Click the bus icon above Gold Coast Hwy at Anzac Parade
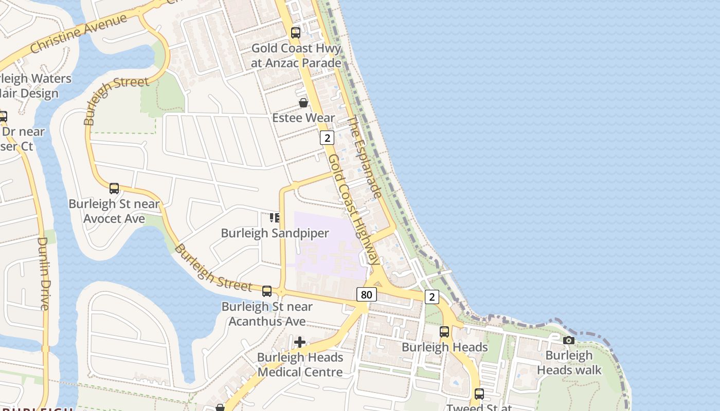tap(296, 33)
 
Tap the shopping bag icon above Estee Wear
tap(303, 103)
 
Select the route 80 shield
tap(366, 294)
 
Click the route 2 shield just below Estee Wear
tap(327, 138)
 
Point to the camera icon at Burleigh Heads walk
tap(568, 340)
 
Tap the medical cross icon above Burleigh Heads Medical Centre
tap(300, 342)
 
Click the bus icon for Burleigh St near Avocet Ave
tap(114, 189)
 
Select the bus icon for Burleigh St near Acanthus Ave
tap(267, 291)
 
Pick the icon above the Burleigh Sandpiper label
tap(275, 218)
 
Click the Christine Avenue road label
tap(78, 34)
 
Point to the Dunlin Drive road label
tap(43, 273)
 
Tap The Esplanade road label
tap(365, 157)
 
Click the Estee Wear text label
tap(303, 118)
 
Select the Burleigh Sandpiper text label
tap(275, 233)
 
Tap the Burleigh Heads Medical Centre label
tap(300, 365)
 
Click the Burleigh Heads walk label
tap(569, 363)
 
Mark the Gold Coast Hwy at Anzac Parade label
tap(296, 55)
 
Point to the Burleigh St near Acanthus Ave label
tap(267, 314)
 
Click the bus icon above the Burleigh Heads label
tap(444, 332)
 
